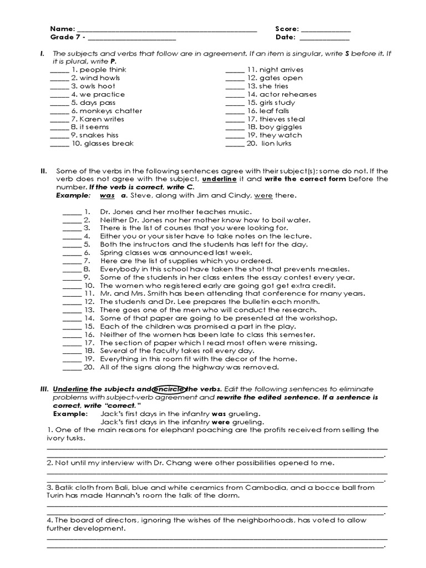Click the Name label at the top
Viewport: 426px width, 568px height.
point(62,29)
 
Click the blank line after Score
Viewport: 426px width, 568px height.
point(326,30)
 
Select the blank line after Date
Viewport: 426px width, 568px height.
point(324,39)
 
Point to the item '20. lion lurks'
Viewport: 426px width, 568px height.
point(269,144)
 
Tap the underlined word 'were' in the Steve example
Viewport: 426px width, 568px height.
point(263,196)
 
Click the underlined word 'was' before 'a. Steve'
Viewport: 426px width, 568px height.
point(107,196)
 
